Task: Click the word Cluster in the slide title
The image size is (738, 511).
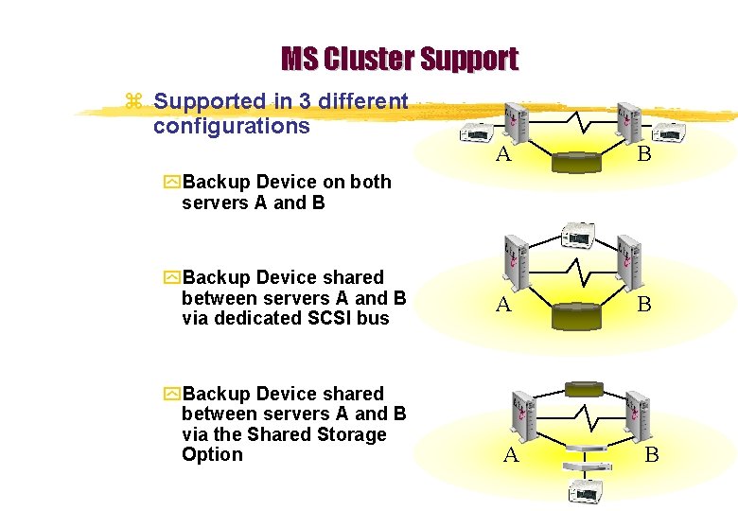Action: pos(368,60)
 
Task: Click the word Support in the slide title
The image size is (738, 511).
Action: pos(469,60)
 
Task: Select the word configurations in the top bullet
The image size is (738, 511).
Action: pos(231,126)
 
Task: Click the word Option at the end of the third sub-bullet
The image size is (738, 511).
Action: pos(212,454)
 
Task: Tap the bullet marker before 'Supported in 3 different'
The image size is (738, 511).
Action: pos(133,101)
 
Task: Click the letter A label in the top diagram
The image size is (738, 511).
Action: pos(504,154)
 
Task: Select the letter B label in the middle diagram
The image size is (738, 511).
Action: pos(643,305)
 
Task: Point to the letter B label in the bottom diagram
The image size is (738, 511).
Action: pos(651,455)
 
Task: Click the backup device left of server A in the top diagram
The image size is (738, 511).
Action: pos(474,133)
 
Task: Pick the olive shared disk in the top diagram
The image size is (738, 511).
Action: pos(574,164)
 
